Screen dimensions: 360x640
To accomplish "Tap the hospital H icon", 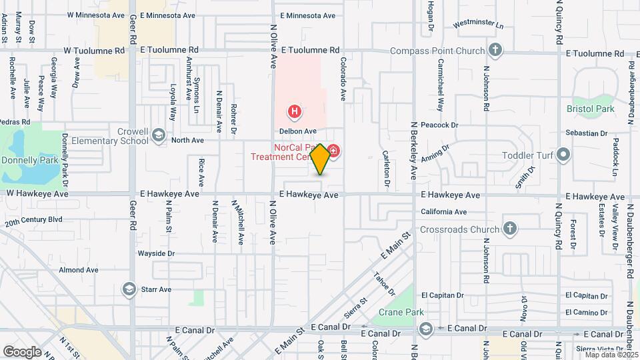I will [293, 111].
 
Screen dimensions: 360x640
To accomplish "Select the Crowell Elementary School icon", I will [159, 135].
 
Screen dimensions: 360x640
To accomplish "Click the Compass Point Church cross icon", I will [495, 50].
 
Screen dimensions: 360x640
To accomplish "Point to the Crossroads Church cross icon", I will [510, 229].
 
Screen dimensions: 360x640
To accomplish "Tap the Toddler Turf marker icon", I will [564, 155].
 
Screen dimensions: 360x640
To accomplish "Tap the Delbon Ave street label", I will [297, 131].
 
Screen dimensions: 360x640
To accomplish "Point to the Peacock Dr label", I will [440, 125].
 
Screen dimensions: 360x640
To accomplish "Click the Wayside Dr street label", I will [156, 253].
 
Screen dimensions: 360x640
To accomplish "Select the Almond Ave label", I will [78, 270].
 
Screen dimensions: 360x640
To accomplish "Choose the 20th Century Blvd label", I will [33, 219].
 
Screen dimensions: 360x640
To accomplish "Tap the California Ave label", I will [443, 212].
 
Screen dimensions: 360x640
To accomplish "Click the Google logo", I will [22, 351].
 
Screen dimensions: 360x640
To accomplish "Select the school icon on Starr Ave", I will [129, 289].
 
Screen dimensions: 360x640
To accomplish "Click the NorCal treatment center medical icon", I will [333, 153].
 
